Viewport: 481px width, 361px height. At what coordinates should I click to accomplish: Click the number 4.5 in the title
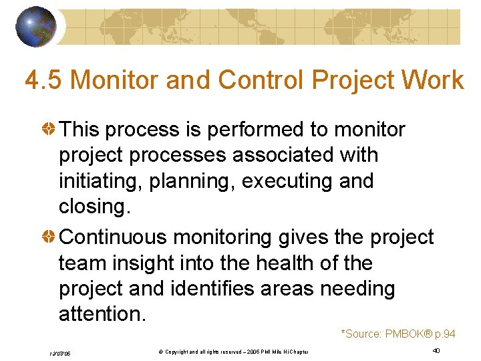click(44, 80)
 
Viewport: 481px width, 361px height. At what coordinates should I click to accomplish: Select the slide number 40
click(436, 351)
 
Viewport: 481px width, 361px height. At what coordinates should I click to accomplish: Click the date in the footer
click(60, 352)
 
